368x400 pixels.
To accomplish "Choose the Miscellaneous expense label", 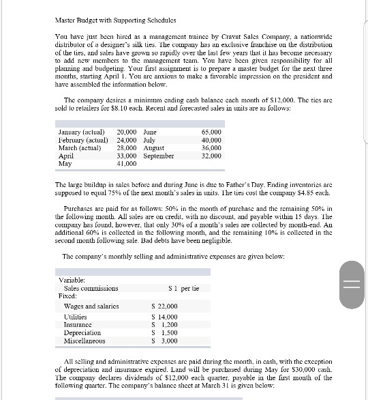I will point(85,341).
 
